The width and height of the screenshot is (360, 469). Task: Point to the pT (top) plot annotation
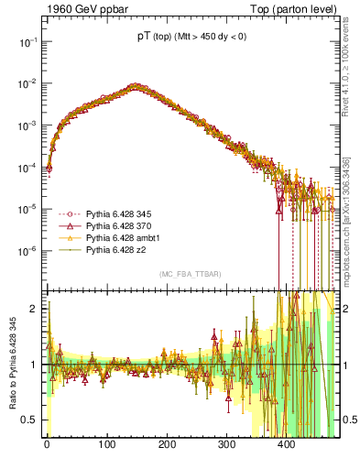point(191,38)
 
